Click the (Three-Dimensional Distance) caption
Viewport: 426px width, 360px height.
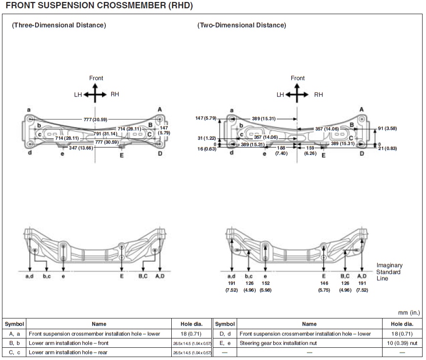pos(59,25)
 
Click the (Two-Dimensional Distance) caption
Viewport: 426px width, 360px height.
pos(242,25)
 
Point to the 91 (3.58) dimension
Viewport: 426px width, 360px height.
pos(389,128)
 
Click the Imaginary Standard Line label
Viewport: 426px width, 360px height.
pos(389,272)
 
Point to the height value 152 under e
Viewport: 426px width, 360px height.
pos(264,283)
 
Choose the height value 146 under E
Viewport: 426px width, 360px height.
pos(324,283)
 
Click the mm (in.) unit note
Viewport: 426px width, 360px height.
pos(409,312)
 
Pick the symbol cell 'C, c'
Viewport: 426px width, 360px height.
pos(14,352)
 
